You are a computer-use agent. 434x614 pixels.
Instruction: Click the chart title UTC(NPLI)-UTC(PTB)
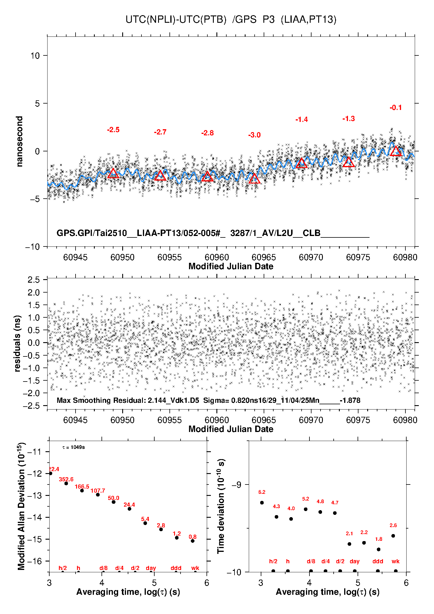pos(176,20)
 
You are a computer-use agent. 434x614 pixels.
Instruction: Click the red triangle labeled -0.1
pos(395,151)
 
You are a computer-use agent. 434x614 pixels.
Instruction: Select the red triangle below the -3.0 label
pos(254,179)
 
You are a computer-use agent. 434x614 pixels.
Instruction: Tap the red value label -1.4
pos(302,120)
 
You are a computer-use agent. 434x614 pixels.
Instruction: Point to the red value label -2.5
pos(113,130)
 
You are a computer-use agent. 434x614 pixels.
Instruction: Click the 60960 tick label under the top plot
pos(217,257)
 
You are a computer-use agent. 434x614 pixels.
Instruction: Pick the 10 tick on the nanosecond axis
pos(35,55)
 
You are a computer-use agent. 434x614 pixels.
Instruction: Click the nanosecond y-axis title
pos(20,141)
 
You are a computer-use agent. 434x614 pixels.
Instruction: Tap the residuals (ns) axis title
pos(17,343)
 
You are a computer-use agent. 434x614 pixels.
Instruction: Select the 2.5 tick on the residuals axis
pos(34,280)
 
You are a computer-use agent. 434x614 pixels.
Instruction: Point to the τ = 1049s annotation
pos(73,447)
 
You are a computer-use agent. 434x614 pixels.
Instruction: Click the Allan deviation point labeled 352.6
pos(66,483)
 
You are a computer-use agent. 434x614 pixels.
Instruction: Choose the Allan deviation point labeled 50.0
pos(113,502)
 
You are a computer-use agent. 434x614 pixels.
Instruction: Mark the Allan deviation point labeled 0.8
pos(192,541)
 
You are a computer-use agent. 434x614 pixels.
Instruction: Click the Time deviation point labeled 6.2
pos(262,503)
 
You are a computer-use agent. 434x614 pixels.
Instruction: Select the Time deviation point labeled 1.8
pos(379,549)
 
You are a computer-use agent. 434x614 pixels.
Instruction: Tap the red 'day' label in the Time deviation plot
pos(354,561)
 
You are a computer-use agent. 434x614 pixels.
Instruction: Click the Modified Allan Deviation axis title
pos(21,506)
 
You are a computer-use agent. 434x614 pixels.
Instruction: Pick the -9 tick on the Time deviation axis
pos(237,485)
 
